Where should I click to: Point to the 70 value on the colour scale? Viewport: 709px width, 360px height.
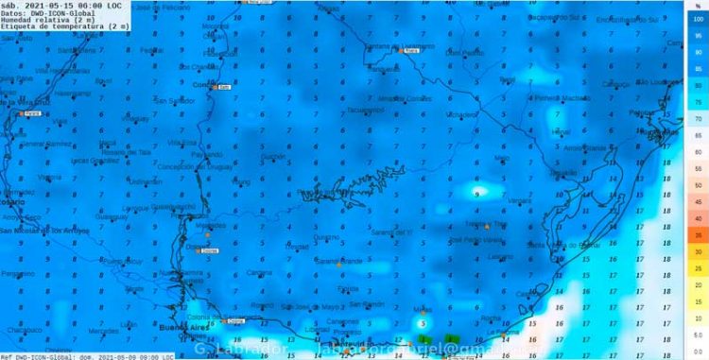(x=697, y=119)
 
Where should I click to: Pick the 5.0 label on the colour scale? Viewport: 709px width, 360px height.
(x=697, y=334)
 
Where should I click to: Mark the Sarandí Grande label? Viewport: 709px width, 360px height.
(x=338, y=260)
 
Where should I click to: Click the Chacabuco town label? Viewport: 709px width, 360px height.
(x=22, y=330)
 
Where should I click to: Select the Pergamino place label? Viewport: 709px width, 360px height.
(x=17, y=273)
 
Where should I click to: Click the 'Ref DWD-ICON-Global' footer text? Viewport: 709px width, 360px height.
(x=38, y=356)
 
